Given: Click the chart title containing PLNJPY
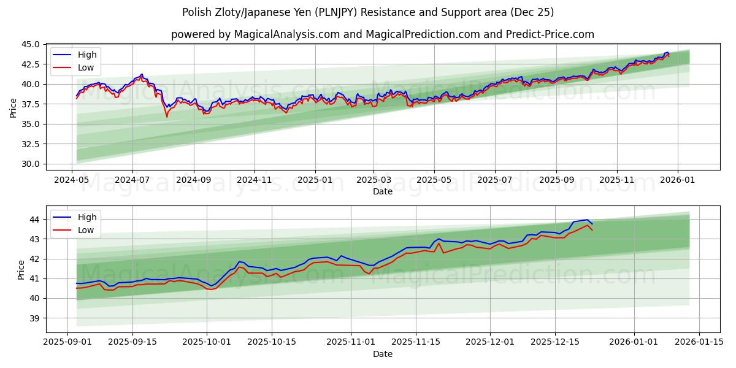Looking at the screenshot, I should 368,12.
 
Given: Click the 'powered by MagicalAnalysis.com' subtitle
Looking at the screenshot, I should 382,34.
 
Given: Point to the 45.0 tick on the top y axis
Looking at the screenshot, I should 31,44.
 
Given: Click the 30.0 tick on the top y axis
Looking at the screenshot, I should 31,164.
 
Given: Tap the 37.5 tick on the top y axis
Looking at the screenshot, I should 31,104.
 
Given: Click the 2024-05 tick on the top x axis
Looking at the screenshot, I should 72,180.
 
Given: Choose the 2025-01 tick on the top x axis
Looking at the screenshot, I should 315,180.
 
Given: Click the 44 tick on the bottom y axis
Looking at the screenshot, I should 34,220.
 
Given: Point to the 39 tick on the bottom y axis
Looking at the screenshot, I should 34,318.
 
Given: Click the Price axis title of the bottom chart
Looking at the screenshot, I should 21,269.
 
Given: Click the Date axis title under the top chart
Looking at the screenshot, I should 382,191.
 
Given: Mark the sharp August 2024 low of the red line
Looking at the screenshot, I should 166,117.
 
